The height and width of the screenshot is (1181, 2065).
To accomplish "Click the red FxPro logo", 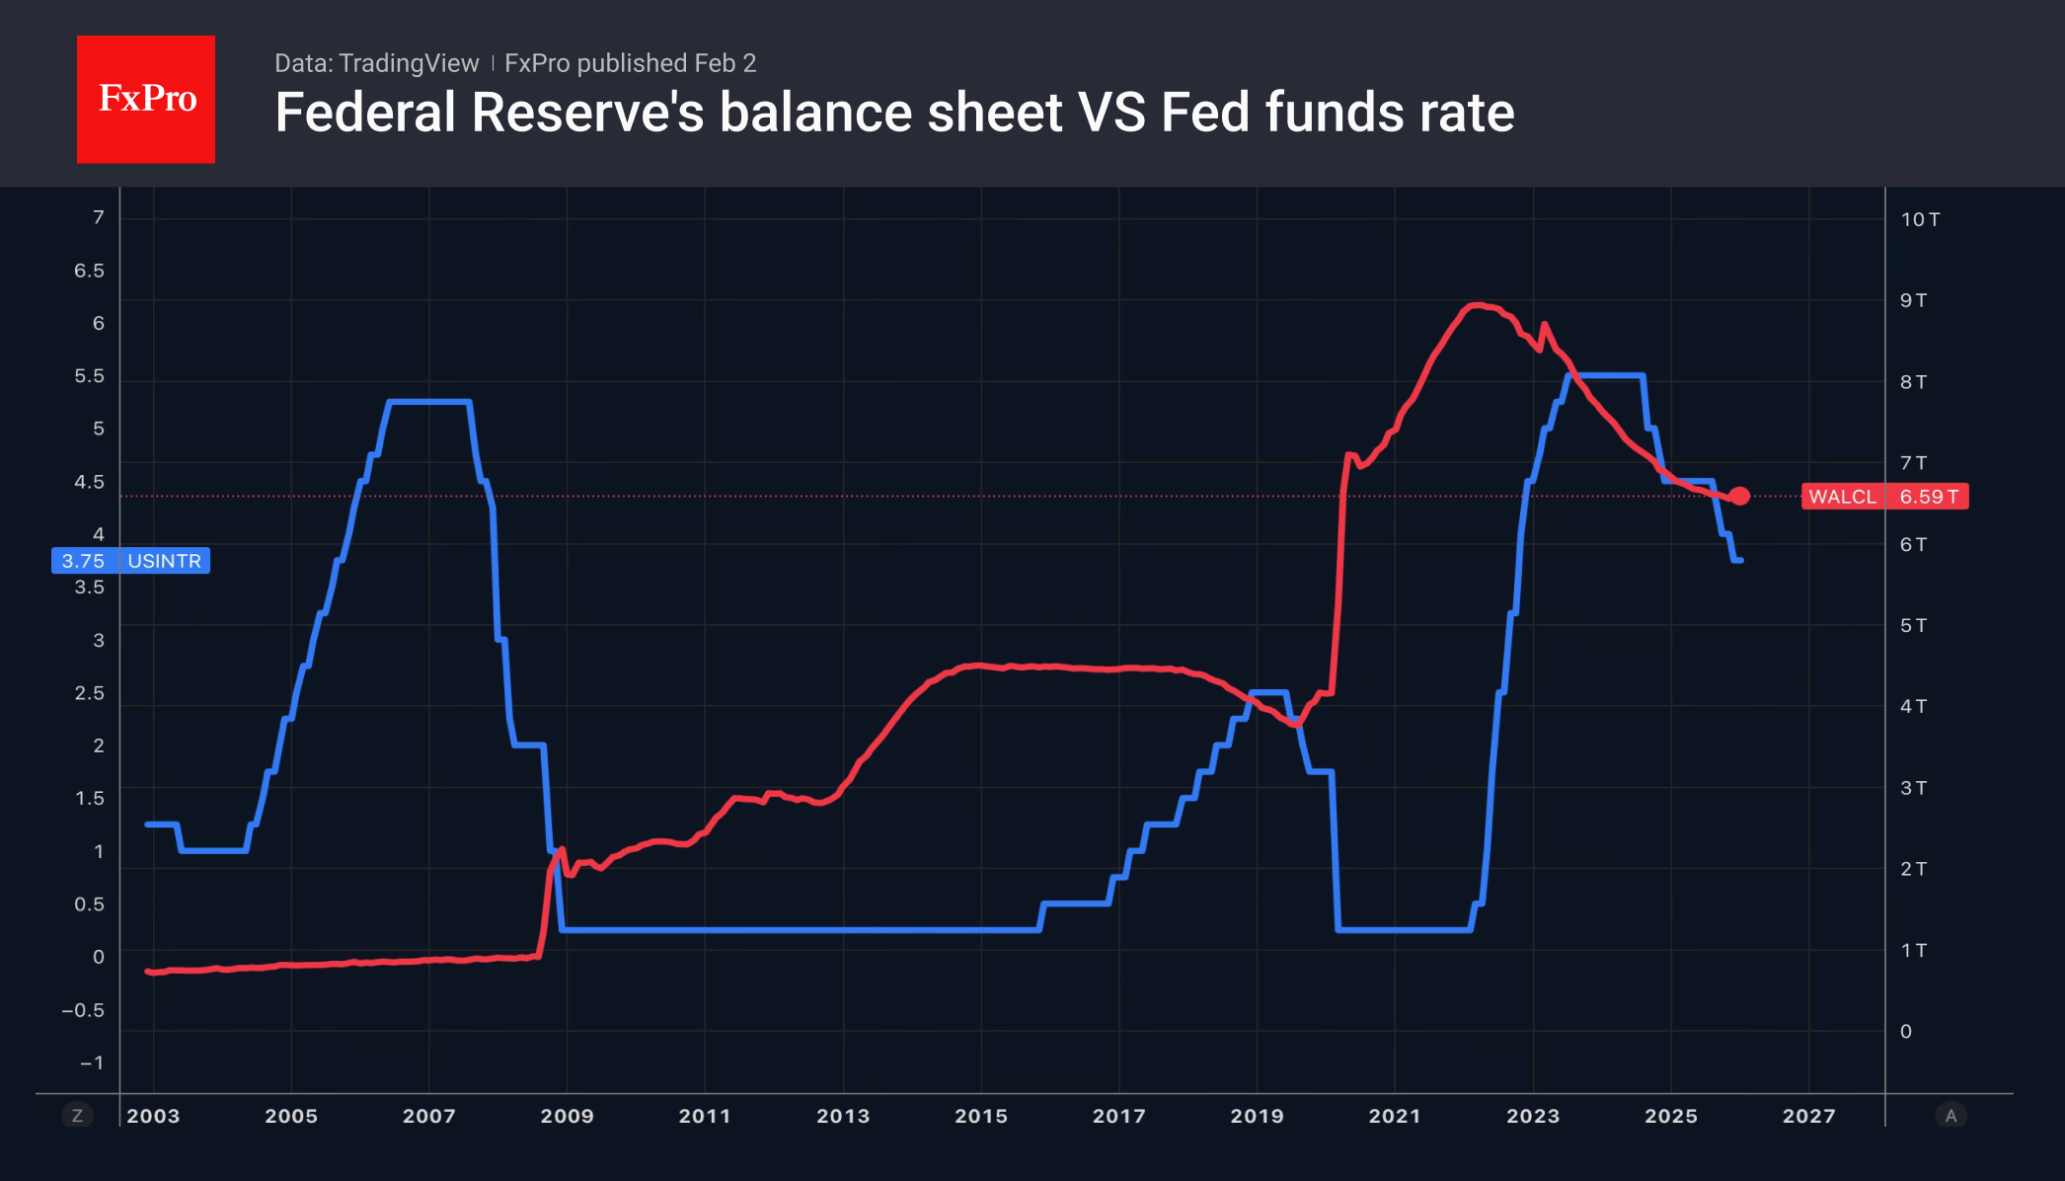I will point(146,99).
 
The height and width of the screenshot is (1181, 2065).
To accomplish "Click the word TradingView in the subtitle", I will point(408,63).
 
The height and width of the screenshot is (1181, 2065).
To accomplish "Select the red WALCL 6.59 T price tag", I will point(1883,497).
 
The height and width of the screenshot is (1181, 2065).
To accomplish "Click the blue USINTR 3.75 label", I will point(130,561).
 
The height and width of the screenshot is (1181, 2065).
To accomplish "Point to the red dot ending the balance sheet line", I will point(1739,496).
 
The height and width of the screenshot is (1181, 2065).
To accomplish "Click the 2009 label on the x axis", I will point(567,1116).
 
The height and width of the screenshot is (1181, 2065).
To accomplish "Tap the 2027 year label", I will point(1808,1116).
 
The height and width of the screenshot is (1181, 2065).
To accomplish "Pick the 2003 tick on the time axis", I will point(153,1116).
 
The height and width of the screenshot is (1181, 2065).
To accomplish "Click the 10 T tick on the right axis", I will point(1920,219).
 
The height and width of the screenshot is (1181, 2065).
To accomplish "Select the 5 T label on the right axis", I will point(1913,625).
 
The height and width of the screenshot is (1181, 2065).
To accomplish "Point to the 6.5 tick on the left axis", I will point(89,271).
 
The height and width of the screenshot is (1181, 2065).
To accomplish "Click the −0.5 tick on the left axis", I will point(83,1010).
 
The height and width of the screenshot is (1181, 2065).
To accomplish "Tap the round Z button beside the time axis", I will point(77,1116).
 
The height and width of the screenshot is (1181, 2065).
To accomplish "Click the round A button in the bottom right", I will point(1950,1116).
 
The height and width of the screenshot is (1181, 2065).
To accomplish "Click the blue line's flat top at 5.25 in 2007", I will point(429,402).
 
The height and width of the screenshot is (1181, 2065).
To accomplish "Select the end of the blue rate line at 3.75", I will point(1739,560).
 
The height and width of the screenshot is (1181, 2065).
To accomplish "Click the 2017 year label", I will point(1118,1116).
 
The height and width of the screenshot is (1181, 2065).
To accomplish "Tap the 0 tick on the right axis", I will point(1906,1032).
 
